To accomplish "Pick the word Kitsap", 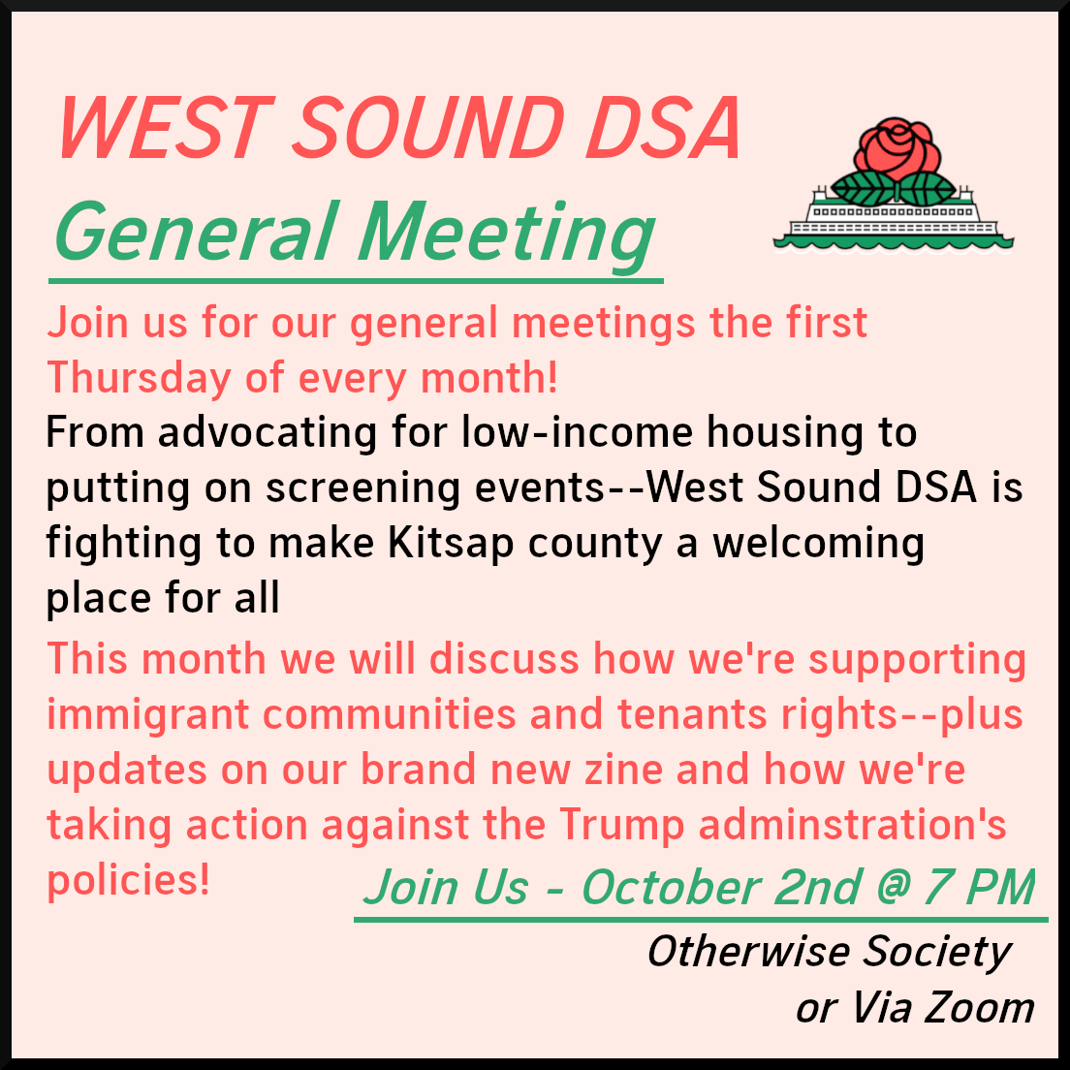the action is [x=451, y=545].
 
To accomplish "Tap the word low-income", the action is [x=577, y=432].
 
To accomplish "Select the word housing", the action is [x=785, y=434].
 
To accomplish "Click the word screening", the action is [x=362, y=489].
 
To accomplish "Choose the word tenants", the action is [x=693, y=715].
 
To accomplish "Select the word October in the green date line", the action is [x=671, y=888].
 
